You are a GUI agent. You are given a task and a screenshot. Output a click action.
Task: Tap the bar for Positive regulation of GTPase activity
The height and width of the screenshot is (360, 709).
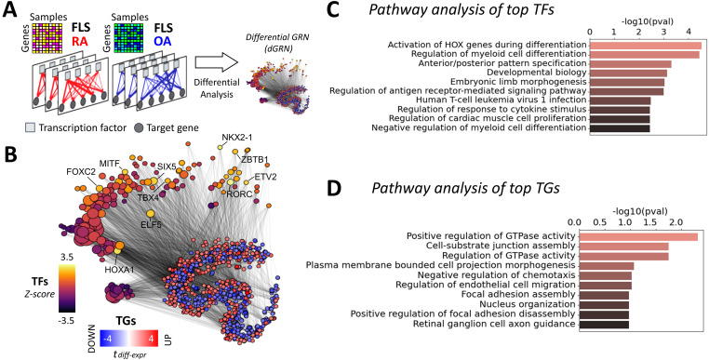[638, 236]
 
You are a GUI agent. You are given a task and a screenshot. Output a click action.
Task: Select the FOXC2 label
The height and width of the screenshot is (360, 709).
[81, 171]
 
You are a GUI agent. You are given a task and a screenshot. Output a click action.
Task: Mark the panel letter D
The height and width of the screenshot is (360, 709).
[333, 190]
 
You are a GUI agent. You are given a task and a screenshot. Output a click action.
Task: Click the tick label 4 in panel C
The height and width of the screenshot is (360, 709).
[689, 33]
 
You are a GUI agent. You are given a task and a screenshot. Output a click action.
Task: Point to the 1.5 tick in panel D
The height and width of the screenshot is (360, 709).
[650, 222]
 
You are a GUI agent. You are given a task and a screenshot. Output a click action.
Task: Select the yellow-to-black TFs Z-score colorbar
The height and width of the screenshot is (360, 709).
[66, 287]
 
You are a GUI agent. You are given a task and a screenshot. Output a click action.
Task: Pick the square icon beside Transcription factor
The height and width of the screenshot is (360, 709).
[30, 128]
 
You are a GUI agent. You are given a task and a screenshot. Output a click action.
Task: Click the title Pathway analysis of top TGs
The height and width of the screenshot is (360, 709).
[465, 188]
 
